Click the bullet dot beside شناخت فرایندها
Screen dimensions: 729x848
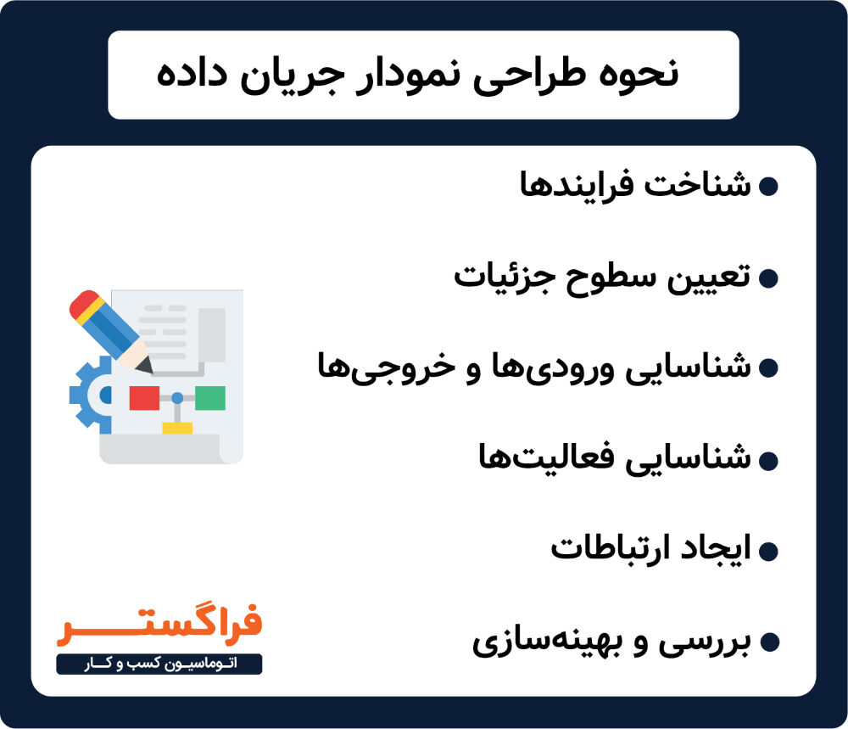pyautogui.click(x=768, y=187)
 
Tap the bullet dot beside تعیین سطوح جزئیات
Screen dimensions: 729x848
pyautogui.click(x=768, y=278)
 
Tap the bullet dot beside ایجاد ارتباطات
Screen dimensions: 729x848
pyautogui.click(x=768, y=552)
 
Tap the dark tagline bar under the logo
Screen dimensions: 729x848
pyautogui.click(x=159, y=664)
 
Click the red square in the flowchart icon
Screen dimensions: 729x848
pyautogui.click(x=144, y=398)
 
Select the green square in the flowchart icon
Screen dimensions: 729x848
pyautogui.click(x=209, y=397)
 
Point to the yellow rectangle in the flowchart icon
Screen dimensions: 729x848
pyautogui.click(x=177, y=429)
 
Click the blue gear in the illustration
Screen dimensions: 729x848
pyautogui.click(x=87, y=393)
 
